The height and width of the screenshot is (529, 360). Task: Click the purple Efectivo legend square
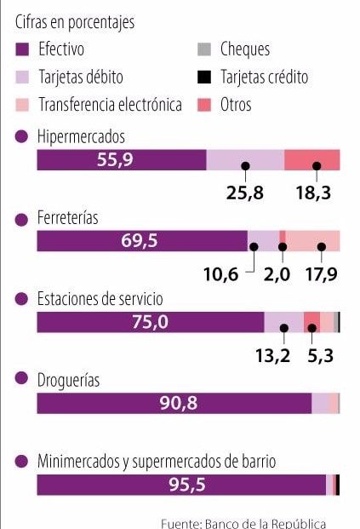click(x=22, y=50)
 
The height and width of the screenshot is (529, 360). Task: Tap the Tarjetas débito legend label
click(x=81, y=78)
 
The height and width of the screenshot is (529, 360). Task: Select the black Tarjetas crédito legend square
click(x=203, y=78)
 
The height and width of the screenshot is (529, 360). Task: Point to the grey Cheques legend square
click(x=203, y=50)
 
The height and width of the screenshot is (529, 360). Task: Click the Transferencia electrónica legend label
click(x=111, y=105)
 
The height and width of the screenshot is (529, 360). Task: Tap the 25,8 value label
click(x=245, y=193)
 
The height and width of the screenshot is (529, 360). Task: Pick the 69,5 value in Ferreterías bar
click(x=140, y=241)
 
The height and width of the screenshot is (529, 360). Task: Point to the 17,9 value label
click(x=321, y=273)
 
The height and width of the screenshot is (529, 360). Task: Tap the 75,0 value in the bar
click(x=151, y=322)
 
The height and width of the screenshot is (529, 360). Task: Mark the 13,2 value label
click(x=273, y=354)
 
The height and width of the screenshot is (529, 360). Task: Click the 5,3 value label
click(x=319, y=354)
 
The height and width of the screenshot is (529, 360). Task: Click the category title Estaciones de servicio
click(x=100, y=299)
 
